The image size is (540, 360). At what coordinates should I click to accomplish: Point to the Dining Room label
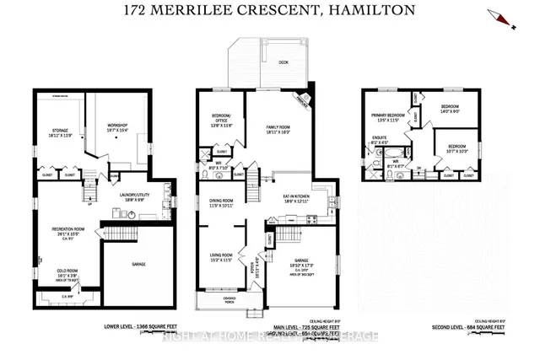coord(225,201)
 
